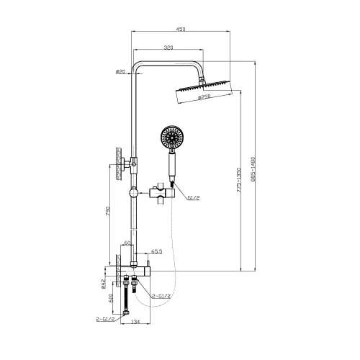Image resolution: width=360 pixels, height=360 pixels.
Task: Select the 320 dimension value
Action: pyautogui.click(x=168, y=48)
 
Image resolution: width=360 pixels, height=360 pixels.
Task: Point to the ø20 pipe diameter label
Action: pyautogui.click(x=120, y=71)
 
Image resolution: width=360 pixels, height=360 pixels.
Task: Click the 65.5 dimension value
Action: pyautogui.click(x=155, y=252)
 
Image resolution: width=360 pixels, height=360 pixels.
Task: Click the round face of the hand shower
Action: pyautogui.click(x=171, y=136)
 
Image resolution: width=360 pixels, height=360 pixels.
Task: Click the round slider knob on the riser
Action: pyautogui.click(x=133, y=193)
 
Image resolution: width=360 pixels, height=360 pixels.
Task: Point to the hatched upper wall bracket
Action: pyautogui.click(x=115, y=162)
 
